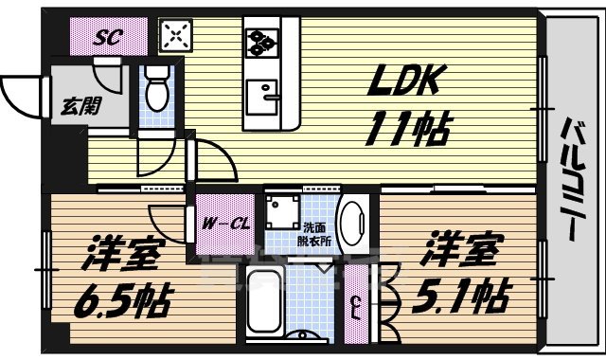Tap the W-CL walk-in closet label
click(226, 224)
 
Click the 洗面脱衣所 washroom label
click(316, 234)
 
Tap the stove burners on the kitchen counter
click(260, 41)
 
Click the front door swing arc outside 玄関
click(21, 90)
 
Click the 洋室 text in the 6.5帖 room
click(121, 253)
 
